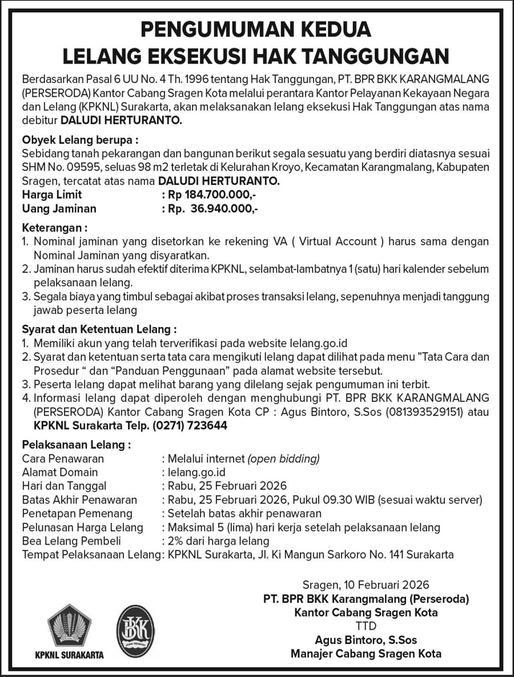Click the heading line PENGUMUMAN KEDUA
point(256,30)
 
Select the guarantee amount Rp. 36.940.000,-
point(212,208)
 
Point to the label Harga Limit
point(52,194)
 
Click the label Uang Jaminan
point(59,208)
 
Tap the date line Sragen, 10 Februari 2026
point(366,585)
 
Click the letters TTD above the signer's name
point(366,626)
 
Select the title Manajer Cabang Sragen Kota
point(366,653)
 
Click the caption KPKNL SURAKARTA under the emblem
point(69,655)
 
